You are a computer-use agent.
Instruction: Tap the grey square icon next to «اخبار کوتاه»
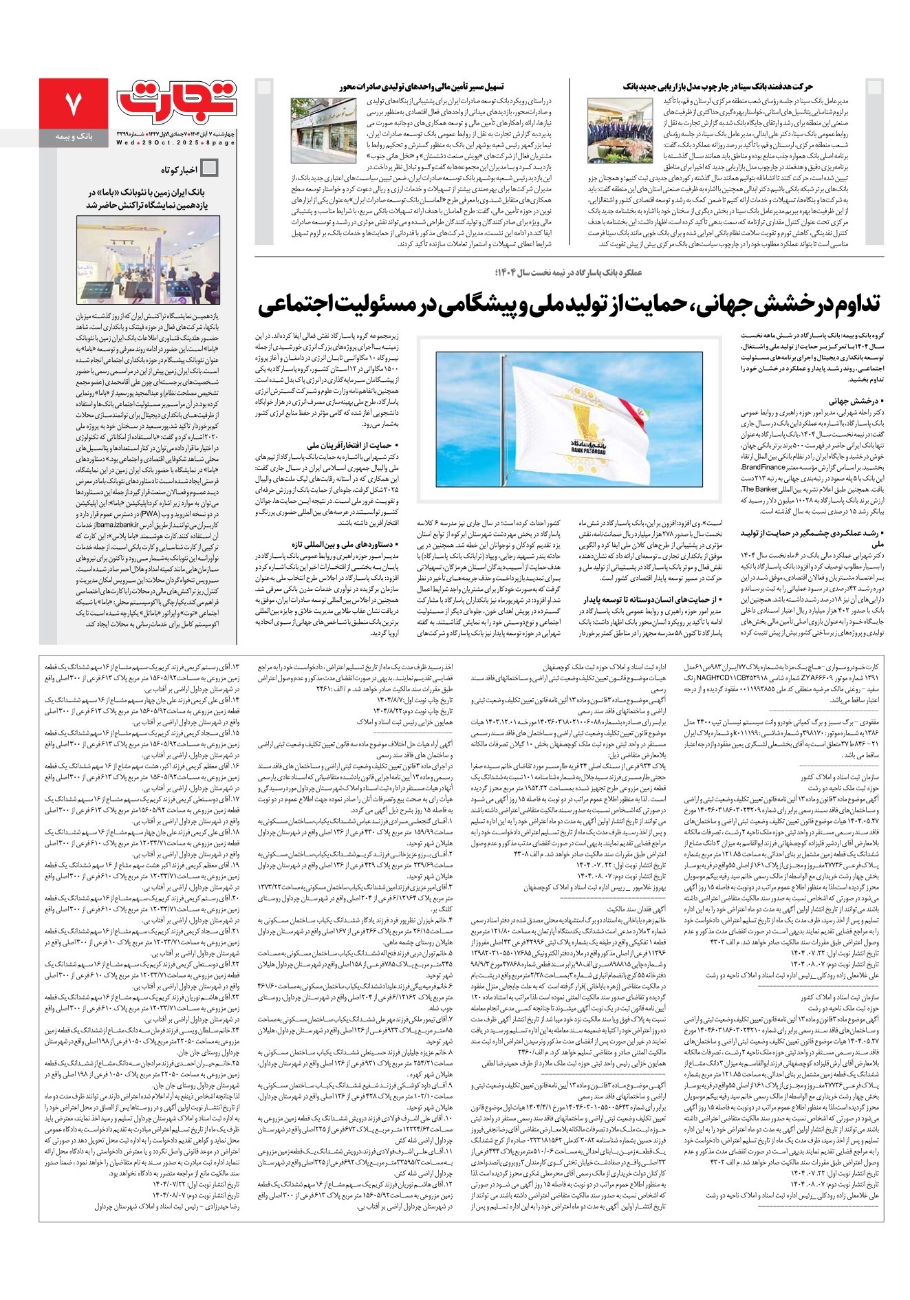(209, 168)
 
